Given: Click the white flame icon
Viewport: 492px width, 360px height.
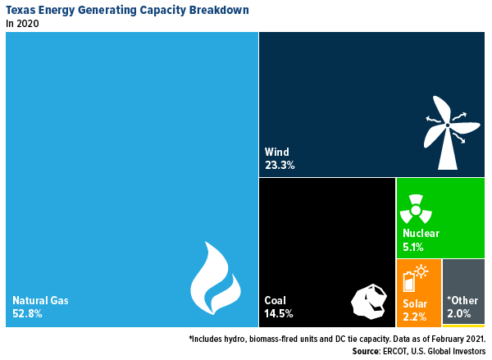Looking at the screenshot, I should (x=215, y=280).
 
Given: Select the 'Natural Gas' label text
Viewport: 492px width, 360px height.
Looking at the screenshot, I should (x=40, y=300).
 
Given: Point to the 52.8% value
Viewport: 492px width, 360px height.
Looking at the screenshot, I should (x=28, y=313).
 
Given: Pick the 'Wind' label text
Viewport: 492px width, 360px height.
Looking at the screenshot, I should (x=277, y=152).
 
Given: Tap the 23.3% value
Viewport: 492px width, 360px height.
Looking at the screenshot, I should (x=280, y=165).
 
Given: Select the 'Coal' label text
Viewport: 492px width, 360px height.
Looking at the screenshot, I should (x=276, y=300).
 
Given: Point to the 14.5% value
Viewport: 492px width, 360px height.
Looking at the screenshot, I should (x=279, y=313).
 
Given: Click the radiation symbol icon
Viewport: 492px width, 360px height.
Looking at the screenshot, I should (x=415, y=209).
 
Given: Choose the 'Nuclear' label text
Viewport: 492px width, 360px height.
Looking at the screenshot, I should (x=421, y=233).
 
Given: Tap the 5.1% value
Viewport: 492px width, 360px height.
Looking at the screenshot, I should (x=414, y=245).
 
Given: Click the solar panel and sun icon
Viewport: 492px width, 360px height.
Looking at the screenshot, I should (x=415, y=278).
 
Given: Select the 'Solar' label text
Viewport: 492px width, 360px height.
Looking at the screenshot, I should (x=415, y=303).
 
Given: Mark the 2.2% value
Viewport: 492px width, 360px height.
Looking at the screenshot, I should (x=414, y=316).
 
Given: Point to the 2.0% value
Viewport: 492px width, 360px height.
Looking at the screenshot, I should (x=458, y=314).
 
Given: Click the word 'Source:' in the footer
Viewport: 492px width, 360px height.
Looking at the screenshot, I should (x=369, y=351).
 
